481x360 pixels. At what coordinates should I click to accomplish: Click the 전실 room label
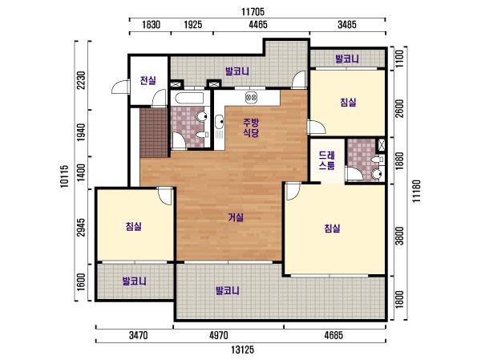click(x=148, y=81)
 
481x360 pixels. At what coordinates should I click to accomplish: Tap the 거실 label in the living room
click(x=236, y=217)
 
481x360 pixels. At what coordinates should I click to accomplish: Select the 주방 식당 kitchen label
click(x=251, y=127)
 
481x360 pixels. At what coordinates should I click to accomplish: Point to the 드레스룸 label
click(x=327, y=160)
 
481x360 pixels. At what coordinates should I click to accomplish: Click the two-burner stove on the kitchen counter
click(x=251, y=98)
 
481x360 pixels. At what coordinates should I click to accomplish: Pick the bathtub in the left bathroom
click(x=189, y=98)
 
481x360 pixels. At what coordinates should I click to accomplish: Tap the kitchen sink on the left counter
click(x=220, y=122)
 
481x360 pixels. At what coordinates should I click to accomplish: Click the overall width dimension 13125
click(x=243, y=350)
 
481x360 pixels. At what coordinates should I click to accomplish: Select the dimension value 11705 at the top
click(x=253, y=12)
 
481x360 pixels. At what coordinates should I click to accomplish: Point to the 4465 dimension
click(x=258, y=25)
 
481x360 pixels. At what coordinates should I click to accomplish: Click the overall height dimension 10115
click(x=64, y=176)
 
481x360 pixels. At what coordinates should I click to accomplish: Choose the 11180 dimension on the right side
click(x=416, y=191)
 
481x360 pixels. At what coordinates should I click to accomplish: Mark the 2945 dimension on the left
click(x=80, y=228)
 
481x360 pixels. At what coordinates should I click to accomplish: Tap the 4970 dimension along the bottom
click(x=218, y=335)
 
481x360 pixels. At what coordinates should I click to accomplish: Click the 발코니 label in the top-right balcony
click(x=347, y=59)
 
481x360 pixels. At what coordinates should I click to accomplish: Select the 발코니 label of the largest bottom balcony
click(x=228, y=290)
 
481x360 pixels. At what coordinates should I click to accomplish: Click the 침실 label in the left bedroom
click(x=134, y=226)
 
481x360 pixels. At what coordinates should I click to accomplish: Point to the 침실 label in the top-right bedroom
click(x=348, y=102)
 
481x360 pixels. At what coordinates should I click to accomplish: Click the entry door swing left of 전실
click(x=120, y=87)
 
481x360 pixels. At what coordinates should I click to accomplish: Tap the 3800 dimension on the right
click(x=399, y=236)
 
